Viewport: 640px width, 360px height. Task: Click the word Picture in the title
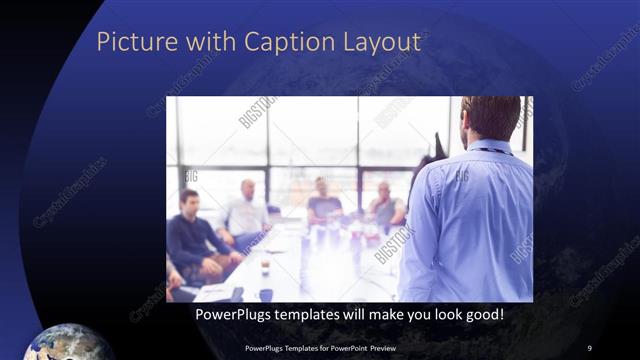[128, 42]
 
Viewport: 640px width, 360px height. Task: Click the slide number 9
[589, 348]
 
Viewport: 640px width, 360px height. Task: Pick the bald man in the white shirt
[246, 210]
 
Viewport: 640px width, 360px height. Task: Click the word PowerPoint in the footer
[344, 348]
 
